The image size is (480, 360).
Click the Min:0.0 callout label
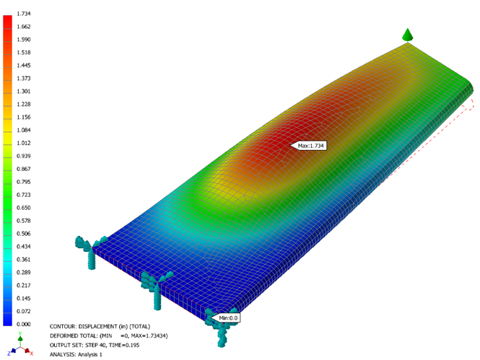pos(226,318)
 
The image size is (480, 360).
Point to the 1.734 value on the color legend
pos(24,14)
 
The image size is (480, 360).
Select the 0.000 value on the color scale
pos(24,324)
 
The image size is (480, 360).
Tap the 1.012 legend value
pos(24,143)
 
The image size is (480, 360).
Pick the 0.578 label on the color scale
pos(24,221)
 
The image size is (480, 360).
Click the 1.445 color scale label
pos(24,66)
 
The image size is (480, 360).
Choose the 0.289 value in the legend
pos(24,273)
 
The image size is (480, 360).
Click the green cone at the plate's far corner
pos(407,35)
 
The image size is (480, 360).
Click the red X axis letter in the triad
pos(32,354)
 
